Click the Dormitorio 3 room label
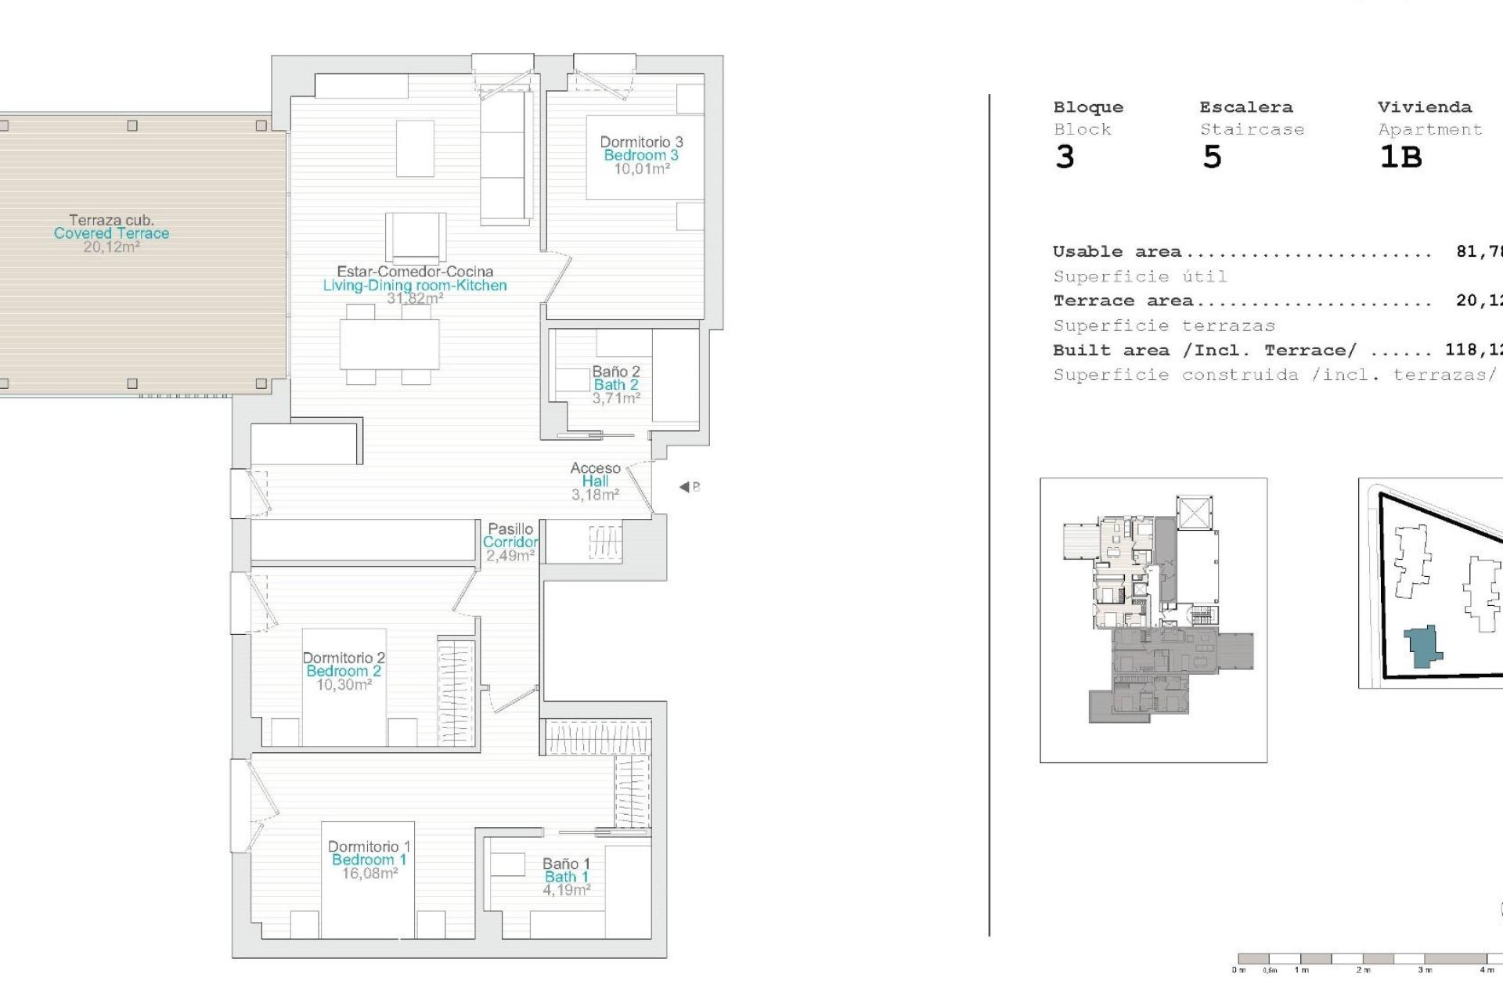pos(641,142)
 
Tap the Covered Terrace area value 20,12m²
pos(111,247)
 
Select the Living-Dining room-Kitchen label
pos(415,286)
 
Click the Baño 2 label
pos(616,372)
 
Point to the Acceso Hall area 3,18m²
pos(595,495)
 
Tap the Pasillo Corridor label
pos(510,535)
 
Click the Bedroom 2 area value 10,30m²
pos(344,685)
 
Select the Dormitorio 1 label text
pos(369,846)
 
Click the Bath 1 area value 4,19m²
pos(566,890)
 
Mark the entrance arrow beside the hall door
pos(685,487)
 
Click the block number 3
pos(1065,157)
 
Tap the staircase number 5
pos(1212,157)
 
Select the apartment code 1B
pos(1400,157)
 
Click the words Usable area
pos(1116,252)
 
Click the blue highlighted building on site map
pos(1423,647)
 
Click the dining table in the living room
pos(389,344)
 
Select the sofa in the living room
pos(506,157)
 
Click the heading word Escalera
pos(1245,107)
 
